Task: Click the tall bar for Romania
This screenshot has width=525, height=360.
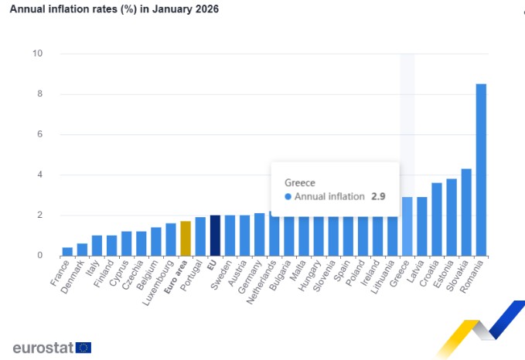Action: click(481, 170)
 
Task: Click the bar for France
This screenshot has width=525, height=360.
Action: click(67, 251)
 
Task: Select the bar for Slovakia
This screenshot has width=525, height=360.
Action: click(466, 212)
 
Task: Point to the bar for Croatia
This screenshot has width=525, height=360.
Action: click(437, 219)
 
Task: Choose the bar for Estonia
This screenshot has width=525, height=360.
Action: click(452, 217)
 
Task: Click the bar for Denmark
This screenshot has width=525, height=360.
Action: click(82, 250)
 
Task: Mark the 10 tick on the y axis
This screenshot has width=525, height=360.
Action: click(37, 53)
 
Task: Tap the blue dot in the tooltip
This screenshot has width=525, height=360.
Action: click(288, 197)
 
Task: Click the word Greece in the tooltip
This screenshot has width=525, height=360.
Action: click(300, 182)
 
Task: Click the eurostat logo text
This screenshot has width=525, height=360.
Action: click(43, 348)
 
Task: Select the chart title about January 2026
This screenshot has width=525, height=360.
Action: click(114, 10)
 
